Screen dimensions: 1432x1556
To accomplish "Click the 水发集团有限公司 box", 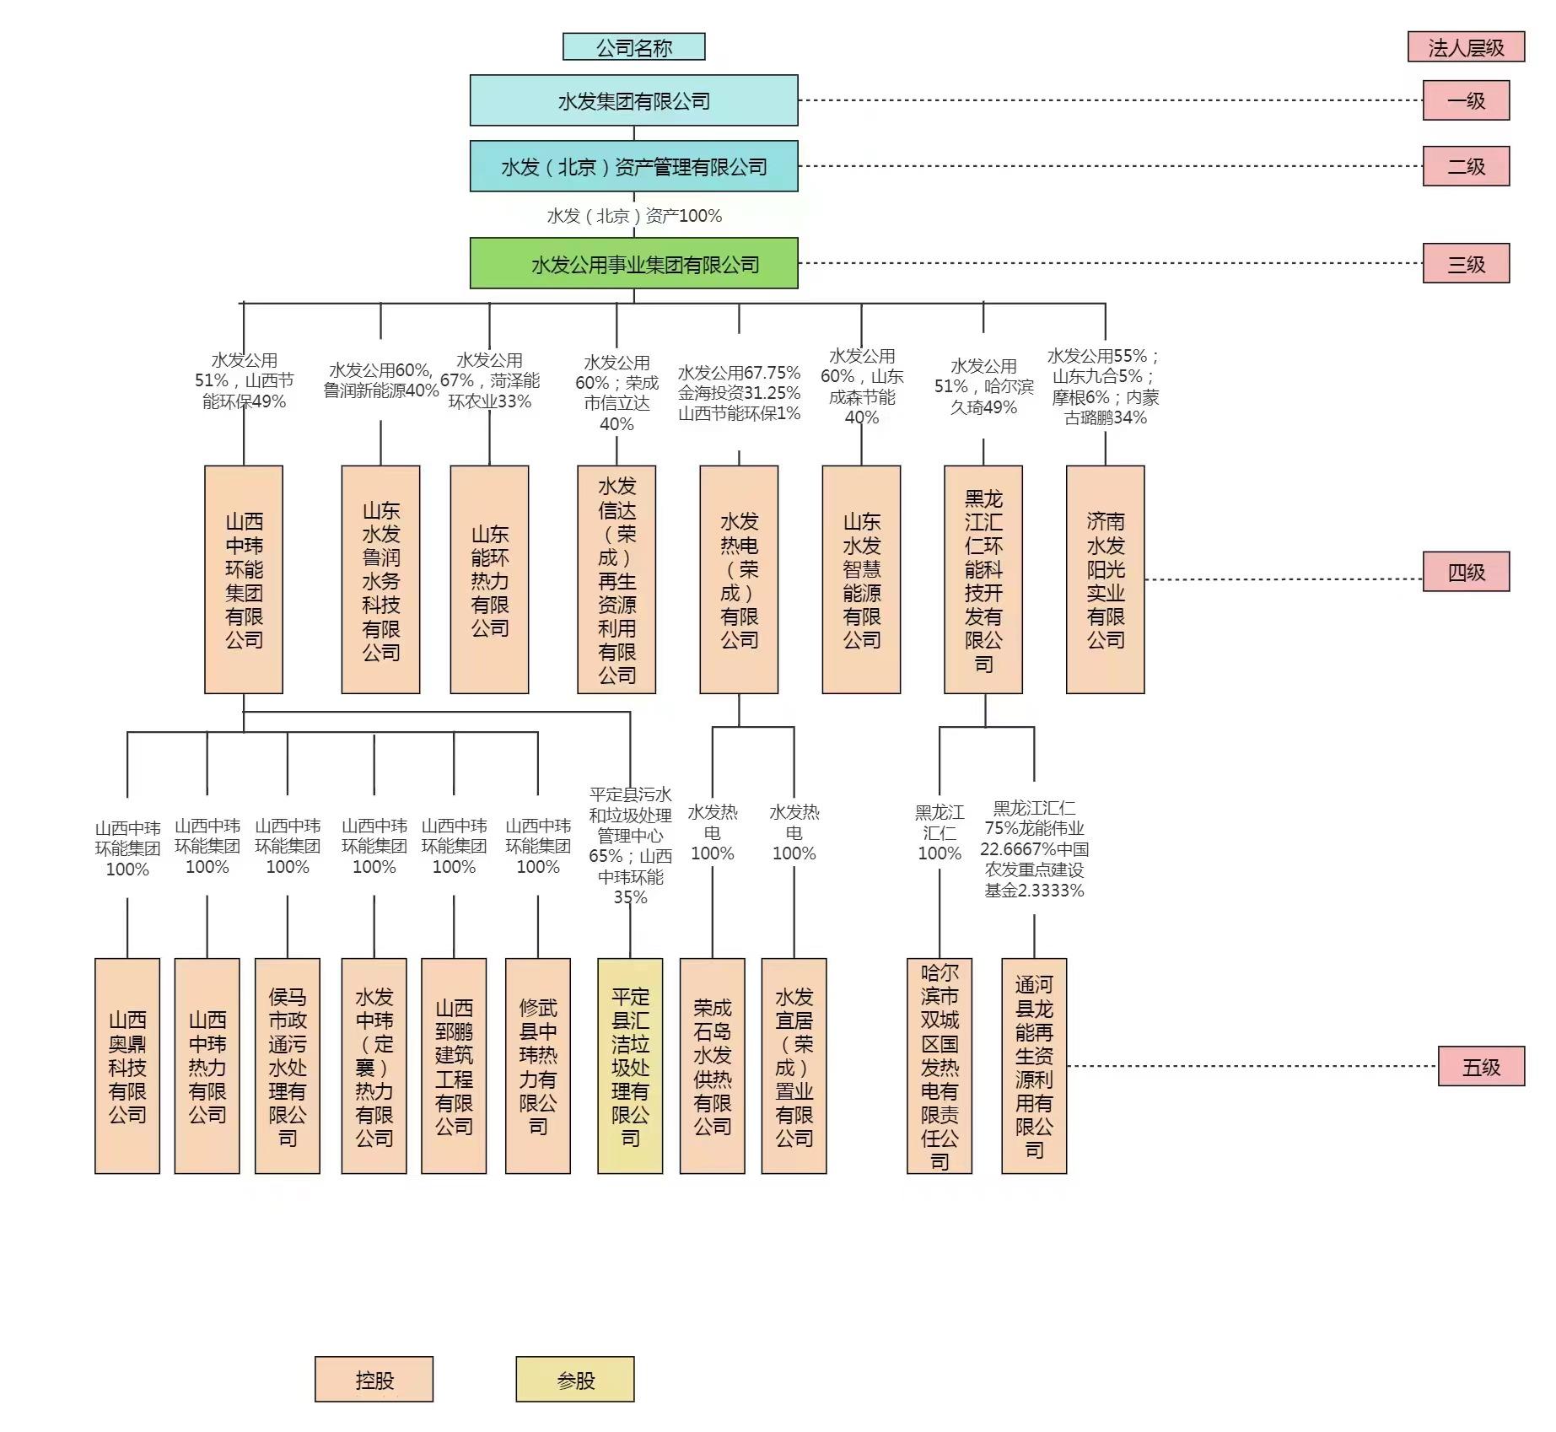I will [x=633, y=100].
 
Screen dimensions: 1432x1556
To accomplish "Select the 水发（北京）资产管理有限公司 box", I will [x=633, y=166].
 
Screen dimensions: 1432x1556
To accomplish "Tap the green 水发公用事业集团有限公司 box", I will [x=633, y=263].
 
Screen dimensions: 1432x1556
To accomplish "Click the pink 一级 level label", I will [x=1465, y=100].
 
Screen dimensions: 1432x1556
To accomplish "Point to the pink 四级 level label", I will [x=1465, y=572].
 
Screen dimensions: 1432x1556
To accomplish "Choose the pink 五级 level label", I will [x=1480, y=1066].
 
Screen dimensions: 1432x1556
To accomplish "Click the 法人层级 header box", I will [x=1465, y=47].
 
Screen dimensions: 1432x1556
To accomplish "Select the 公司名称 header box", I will [x=633, y=47].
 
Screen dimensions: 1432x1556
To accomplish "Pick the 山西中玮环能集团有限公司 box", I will [x=244, y=579].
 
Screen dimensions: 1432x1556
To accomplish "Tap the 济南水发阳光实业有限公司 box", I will [x=1105, y=579].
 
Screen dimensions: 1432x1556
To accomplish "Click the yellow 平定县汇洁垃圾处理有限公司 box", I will [x=630, y=1066].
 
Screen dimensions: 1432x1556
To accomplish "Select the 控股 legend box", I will [x=374, y=1380].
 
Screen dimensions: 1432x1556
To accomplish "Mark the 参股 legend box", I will [x=575, y=1380].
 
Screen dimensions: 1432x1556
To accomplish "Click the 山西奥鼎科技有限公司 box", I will [x=127, y=1066].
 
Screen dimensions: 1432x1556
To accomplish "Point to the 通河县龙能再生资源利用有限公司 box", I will [x=1034, y=1066].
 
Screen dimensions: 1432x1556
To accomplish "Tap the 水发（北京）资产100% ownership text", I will [x=634, y=216].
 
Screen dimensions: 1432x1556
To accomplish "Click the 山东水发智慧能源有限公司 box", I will [x=861, y=579].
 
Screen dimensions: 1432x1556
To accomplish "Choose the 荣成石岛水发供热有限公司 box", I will [x=712, y=1066].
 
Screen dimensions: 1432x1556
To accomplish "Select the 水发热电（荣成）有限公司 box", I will [x=739, y=579].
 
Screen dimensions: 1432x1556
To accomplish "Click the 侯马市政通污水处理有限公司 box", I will [x=288, y=1066].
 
